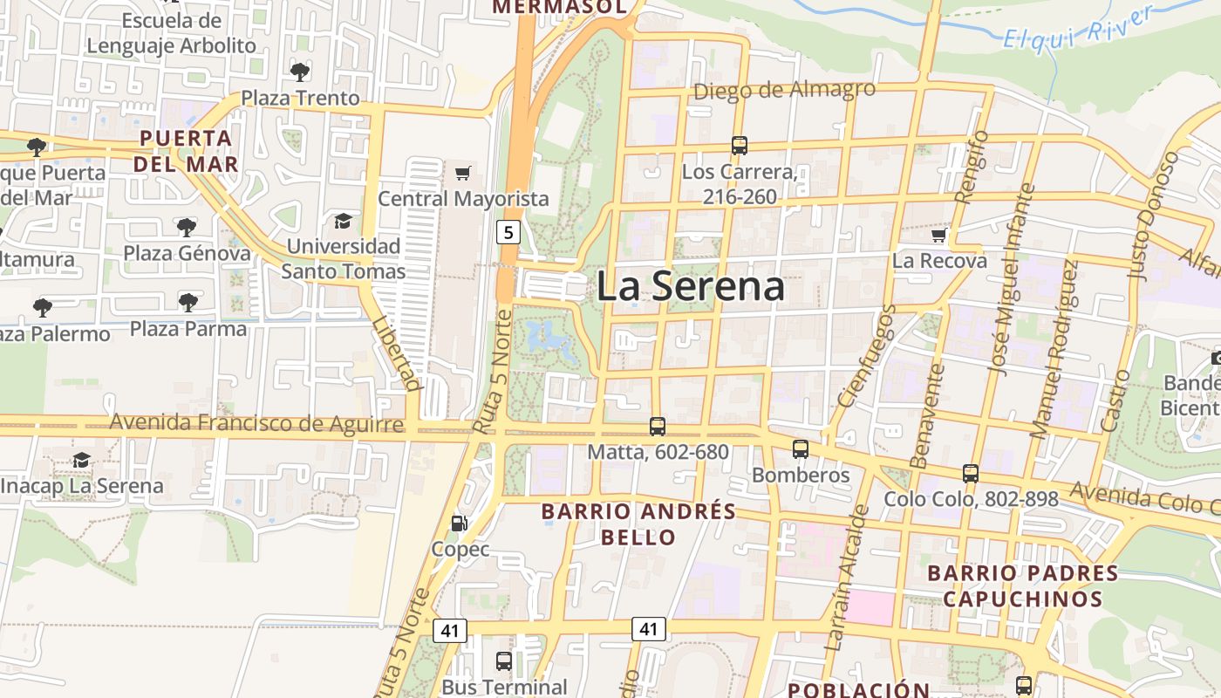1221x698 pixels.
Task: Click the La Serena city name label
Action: pyautogui.click(x=691, y=286)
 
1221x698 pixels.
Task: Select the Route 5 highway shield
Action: pyautogui.click(x=509, y=232)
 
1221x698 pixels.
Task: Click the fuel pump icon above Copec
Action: pyautogui.click(x=459, y=523)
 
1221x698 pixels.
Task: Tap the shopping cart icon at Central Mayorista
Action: pyautogui.click(x=462, y=173)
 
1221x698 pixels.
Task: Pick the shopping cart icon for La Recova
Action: pyautogui.click(x=938, y=236)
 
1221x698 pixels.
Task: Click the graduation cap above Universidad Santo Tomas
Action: pyautogui.click(x=343, y=221)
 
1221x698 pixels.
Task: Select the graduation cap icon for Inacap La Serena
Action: pyautogui.click(x=81, y=460)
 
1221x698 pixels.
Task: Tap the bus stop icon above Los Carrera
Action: pyautogui.click(x=740, y=146)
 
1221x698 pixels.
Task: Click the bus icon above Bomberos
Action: pyautogui.click(x=800, y=449)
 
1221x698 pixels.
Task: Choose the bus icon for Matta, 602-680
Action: pyautogui.click(x=658, y=427)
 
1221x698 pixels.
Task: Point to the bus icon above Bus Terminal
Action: pyautogui.click(x=504, y=661)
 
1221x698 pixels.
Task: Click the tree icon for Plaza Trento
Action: pyautogui.click(x=300, y=72)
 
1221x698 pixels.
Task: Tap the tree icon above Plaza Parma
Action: pyautogui.click(x=188, y=303)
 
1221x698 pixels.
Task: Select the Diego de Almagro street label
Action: pyautogui.click(x=784, y=90)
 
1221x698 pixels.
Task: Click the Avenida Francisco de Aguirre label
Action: pyautogui.click(x=256, y=424)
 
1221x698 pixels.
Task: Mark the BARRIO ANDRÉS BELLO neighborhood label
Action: pyautogui.click(x=638, y=523)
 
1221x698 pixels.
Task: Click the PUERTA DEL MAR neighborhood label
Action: pyautogui.click(x=187, y=151)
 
